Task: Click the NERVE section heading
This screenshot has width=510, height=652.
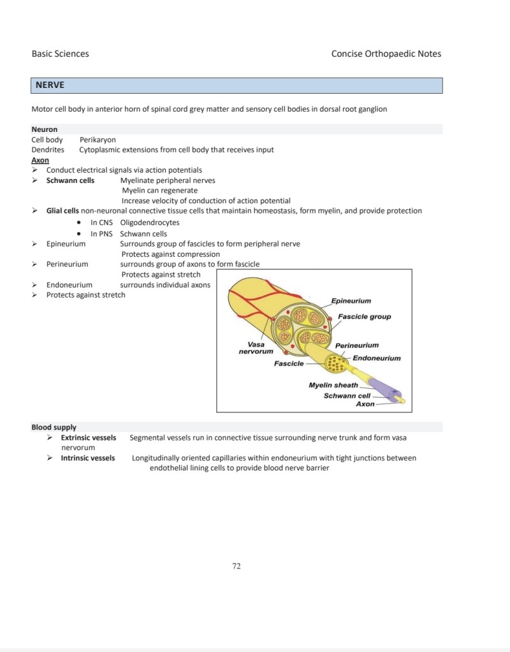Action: (x=50, y=85)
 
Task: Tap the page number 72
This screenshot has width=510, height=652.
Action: (x=237, y=565)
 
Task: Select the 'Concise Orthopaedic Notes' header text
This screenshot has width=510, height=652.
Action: (x=386, y=54)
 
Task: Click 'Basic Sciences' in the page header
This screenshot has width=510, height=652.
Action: (x=60, y=54)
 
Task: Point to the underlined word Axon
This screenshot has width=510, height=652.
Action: (x=40, y=160)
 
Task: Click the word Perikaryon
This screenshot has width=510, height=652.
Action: (x=98, y=140)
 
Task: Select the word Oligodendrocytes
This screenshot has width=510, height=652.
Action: (x=150, y=222)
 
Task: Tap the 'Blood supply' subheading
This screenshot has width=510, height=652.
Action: (x=54, y=427)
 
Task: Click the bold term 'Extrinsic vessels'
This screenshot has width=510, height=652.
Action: (x=89, y=438)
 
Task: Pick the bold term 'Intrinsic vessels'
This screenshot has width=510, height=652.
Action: (x=88, y=458)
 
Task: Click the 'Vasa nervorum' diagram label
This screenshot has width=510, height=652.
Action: (x=256, y=348)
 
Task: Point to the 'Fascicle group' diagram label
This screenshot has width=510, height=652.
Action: (x=365, y=317)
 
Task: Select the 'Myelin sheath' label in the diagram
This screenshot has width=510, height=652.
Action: (x=333, y=385)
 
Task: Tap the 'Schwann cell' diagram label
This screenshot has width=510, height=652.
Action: (x=347, y=395)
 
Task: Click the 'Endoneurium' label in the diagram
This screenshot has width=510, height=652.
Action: (x=377, y=358)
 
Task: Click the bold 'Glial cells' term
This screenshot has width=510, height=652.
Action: (x=62, y=210)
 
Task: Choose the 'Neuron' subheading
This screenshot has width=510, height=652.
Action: (x=44, y=129)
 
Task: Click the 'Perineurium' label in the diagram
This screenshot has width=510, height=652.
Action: (x=357, y=345)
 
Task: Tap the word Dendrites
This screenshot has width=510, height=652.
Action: (x=48, y=150)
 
